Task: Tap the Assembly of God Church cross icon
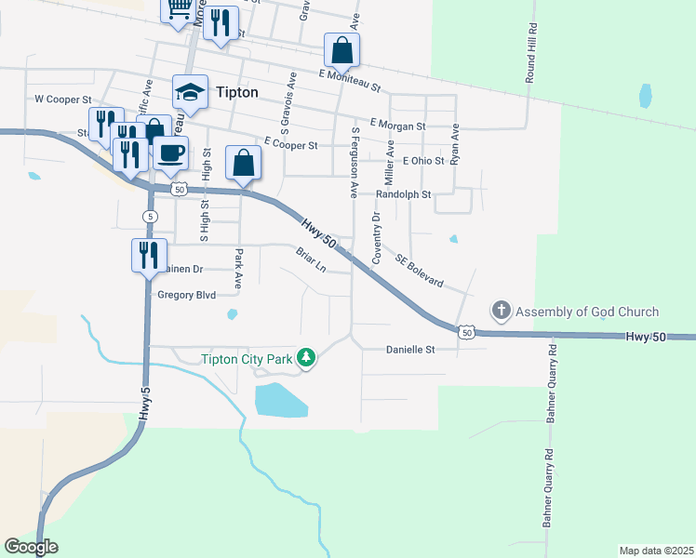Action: [501, 310]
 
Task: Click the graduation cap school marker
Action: [190, 92]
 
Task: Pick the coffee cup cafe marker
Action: [170, 153]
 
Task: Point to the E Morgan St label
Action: [397, 125]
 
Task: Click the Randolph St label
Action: [403, 195]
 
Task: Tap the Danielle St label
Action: [410, 350]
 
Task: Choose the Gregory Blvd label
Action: [187, 295]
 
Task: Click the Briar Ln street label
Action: [311, 259]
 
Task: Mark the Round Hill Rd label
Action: [531, 54]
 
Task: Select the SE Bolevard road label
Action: [420, 271]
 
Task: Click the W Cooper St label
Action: [63, 98]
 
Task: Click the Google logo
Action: [31, 547]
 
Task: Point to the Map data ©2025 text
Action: [656, 550]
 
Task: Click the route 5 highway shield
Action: [149, 216]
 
